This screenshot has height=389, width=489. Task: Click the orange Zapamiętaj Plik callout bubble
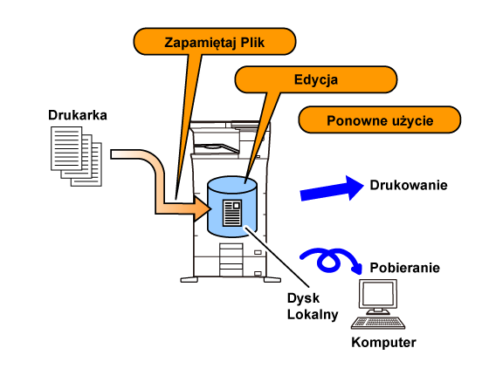tap(215, 42)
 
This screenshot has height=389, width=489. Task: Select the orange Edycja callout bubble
tap(315, 79)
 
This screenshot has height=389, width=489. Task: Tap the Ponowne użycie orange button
tap(380, 119)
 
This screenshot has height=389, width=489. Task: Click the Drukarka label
tap(78, 115)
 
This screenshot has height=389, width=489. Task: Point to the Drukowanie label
tap(409, 185)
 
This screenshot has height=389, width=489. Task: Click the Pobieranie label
tap(405, 268)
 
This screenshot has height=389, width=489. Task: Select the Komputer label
tap(383, 342)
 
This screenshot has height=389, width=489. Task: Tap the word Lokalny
tap(313, 315)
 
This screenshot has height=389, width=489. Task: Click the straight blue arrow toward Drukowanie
tap(332, 188)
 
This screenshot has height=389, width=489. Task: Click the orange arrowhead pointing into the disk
tap(202, 208)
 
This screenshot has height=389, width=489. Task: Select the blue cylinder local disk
tap(232, 207)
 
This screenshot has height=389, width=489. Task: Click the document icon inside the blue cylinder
tap(232, 213)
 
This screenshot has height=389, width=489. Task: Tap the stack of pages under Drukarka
tap(77, 156)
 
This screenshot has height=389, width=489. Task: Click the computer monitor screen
tap(378, 294)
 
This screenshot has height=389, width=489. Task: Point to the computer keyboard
tap(378, 323)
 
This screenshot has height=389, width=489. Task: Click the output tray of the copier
tap(217, 148)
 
